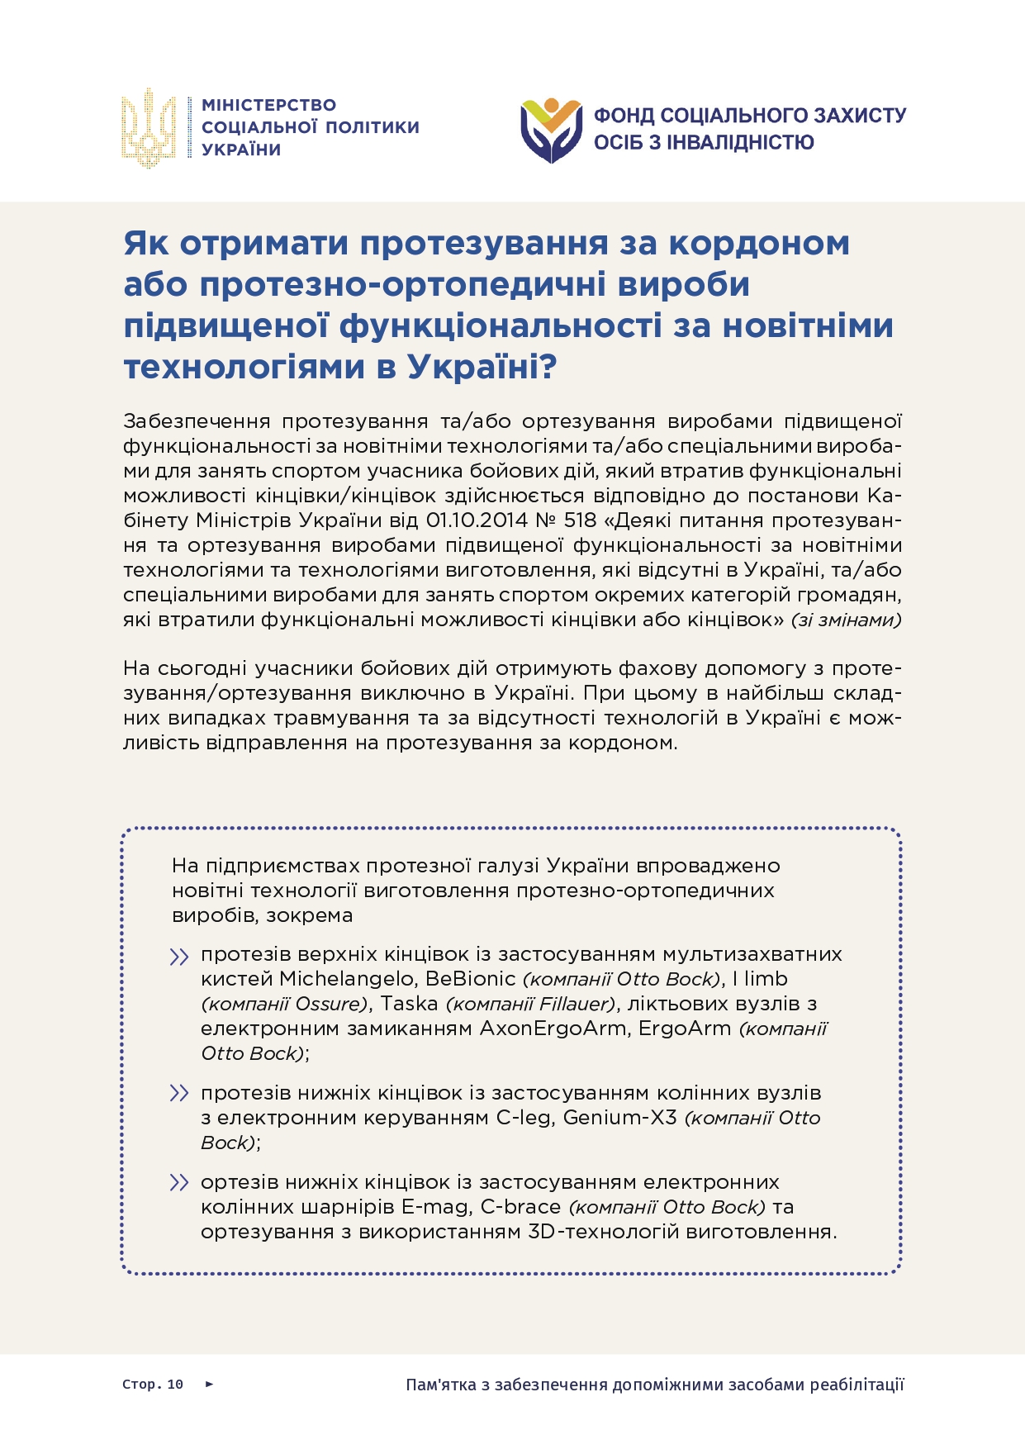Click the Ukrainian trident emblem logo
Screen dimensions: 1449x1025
click(x=149, y=128)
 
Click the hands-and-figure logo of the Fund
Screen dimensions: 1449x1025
click(x=552, y=130)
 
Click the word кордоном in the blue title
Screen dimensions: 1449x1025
click(x=759, y=244)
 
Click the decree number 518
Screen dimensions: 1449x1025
click(x=579, y=520)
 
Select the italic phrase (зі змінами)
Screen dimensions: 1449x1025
click(x=847, y=620)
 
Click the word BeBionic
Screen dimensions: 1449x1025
click(x=471, y=979)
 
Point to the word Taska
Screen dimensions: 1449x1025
click(x=409, y=1004)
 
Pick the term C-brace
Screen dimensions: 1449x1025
click(x=521, y=1207)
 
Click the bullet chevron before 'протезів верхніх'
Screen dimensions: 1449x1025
click(x=178, y=957)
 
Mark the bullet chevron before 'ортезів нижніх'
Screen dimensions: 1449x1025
click(x=178, y=1183)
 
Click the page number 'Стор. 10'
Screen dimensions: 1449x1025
click(x=153, y=1385)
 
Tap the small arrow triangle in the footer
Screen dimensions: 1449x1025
click(x=209, y=1384)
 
